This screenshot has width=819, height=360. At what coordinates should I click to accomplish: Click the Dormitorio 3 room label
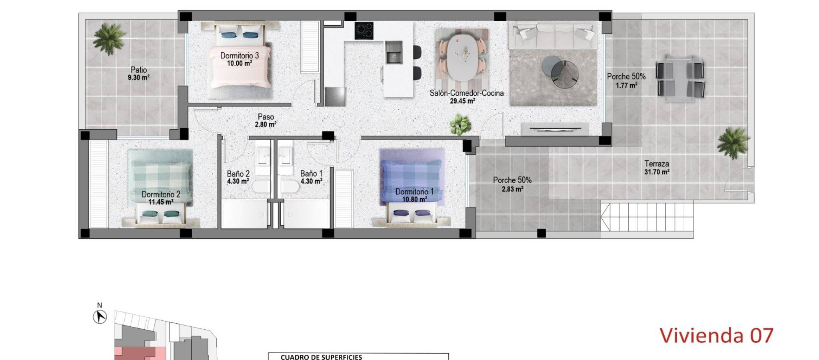pyautogui.click(x=239, y=56)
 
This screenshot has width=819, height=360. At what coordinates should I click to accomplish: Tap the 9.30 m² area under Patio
pyautogui.click(x=138, y=78)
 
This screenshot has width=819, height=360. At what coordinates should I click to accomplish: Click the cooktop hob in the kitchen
pyautogui.click(x=364, y=30)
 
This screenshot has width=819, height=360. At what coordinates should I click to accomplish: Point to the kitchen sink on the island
pyautogui.click(x=394, y=52)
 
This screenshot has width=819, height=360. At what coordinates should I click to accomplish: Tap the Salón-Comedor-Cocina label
pyautogui.click(x=466, y=93)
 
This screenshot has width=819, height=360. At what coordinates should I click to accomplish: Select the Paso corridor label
pyautogui.click(x=266, y=117)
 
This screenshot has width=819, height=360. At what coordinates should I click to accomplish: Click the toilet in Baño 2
pyautogui.click(x=261, y=187)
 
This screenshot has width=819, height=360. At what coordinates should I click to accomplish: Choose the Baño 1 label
pyautogui.click(x=311, y=174)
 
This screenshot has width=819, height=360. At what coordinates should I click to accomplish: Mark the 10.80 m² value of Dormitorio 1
pyautogui.click(x=414, y=199)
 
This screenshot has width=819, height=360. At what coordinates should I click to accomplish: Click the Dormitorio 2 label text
pyautogui.click(x=161, y=194)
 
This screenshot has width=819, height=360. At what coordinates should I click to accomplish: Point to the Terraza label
pyautogui.click(x=657, y=164)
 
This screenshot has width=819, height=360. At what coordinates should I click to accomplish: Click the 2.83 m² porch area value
pyautogui.click(x=512, y=189)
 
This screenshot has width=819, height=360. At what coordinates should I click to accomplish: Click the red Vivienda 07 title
pyautogui.click(x=716, y=335)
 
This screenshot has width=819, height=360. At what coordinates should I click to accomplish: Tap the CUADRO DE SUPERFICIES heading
pyautogui.click(x=321, y=357)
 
